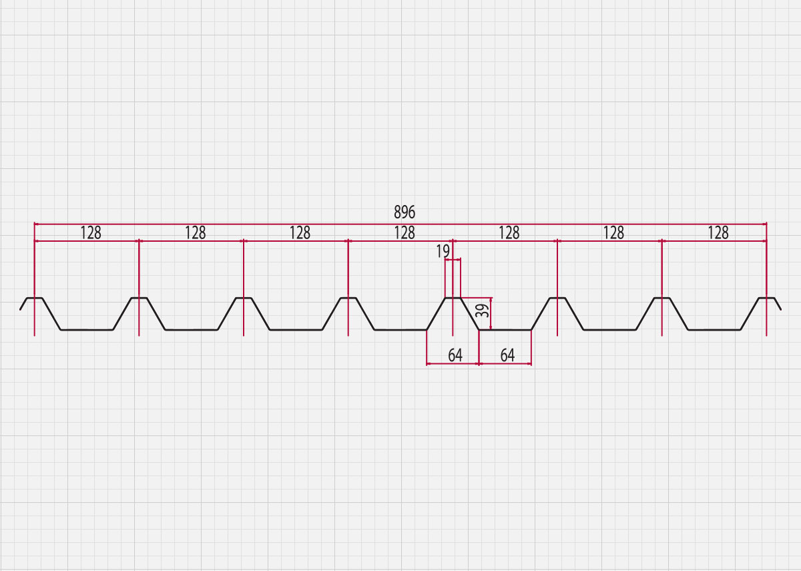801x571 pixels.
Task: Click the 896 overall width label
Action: [x=405, y=212]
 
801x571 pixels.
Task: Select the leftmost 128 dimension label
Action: [x=91, y=233]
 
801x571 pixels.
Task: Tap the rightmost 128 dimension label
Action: [x=718, y=233]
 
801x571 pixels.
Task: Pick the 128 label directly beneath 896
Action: [x=405, y=233]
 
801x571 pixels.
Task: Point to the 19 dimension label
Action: [x=443, y=251]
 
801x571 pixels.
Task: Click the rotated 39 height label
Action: [x=483, y=311]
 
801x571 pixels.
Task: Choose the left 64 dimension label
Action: [x=455, y=355]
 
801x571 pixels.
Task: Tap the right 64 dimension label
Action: [x=507, y=355]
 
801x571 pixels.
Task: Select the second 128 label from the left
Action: [x=196, y=233]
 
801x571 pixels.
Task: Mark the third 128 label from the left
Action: [x=300, y=233]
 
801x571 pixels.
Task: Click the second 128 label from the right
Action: [x=613, y=233]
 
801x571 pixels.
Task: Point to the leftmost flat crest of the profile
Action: [x=34, y=298]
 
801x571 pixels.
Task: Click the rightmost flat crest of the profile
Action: [x=767, y=298]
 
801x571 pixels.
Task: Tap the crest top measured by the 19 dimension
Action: [x=453, y=298]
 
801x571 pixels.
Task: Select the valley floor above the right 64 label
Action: [x=505, y=330]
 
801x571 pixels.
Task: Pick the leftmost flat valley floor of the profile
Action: [x=87, y=330]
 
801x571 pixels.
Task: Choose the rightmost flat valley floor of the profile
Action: [x=714, y=330]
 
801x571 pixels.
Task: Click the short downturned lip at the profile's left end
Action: [x=23, y=304]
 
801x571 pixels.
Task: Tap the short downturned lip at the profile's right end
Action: [x=778, y=304]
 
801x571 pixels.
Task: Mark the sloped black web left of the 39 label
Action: [x=469, y=314]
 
